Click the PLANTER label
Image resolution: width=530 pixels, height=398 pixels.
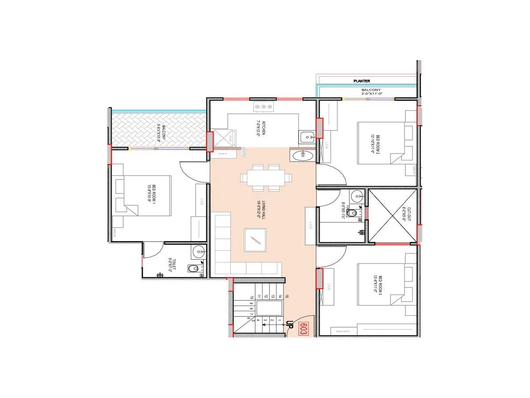361,81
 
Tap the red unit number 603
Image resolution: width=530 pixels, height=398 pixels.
303,329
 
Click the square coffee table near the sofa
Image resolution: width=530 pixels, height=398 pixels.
255,240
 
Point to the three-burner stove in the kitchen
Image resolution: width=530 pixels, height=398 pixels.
264,107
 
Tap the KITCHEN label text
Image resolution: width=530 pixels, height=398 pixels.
262,128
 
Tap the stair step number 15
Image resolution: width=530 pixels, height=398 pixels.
287,296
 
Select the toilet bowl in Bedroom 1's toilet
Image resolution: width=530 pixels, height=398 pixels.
194,268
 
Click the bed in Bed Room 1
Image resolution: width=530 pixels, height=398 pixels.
141,195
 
